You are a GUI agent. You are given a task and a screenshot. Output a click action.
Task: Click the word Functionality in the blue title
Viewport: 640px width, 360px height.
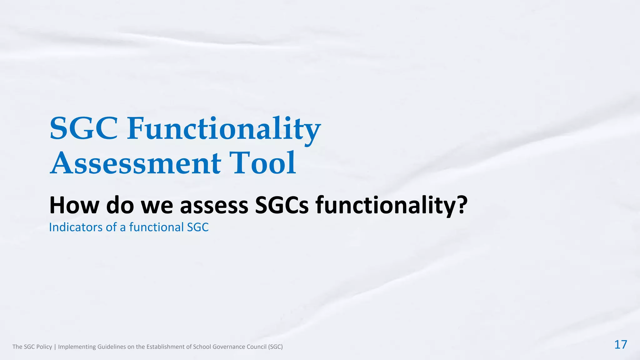coord(224,129)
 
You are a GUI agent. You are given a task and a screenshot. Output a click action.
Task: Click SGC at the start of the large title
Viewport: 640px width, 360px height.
coord(84,129)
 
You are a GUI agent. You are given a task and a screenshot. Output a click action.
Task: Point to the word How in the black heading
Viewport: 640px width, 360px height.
coord(74,205)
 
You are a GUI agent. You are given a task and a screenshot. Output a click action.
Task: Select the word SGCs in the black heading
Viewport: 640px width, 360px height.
coord(282,205)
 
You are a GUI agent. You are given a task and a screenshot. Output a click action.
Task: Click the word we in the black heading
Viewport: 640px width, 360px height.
coord(157,205)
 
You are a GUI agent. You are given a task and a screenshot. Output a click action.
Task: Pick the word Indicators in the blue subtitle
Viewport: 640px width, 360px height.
coord(76,227)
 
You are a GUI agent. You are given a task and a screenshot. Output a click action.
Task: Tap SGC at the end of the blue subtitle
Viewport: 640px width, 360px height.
coord(197,227)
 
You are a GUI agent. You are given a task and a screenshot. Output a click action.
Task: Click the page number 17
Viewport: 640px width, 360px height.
coord(621,345)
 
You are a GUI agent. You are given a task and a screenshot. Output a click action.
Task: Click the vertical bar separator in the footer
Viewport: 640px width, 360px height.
coord(55,347)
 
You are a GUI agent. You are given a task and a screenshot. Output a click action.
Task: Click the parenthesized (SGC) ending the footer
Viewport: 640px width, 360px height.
coord(275,347)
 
